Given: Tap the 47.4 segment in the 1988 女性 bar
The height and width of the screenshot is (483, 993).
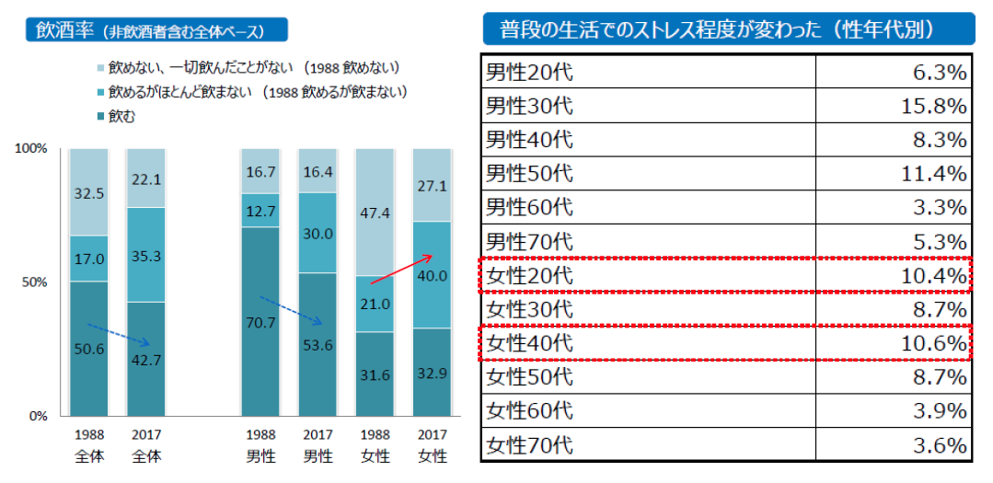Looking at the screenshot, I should pos(374,213).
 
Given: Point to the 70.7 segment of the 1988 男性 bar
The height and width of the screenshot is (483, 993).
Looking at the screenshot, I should pos(260,323).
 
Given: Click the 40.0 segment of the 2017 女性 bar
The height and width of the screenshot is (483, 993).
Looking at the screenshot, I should pos(431,275).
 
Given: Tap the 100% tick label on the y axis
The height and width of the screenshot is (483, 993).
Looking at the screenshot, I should pos(32,149).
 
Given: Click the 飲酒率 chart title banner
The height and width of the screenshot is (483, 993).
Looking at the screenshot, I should pos(156,30).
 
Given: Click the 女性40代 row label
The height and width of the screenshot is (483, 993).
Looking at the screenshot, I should pos(529,343).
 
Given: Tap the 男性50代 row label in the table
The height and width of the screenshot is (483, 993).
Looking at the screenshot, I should pos(529,174).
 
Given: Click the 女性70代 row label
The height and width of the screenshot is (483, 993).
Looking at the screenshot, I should pos(529,445).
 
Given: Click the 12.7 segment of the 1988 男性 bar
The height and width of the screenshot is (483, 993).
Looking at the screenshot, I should pos(260,211).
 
